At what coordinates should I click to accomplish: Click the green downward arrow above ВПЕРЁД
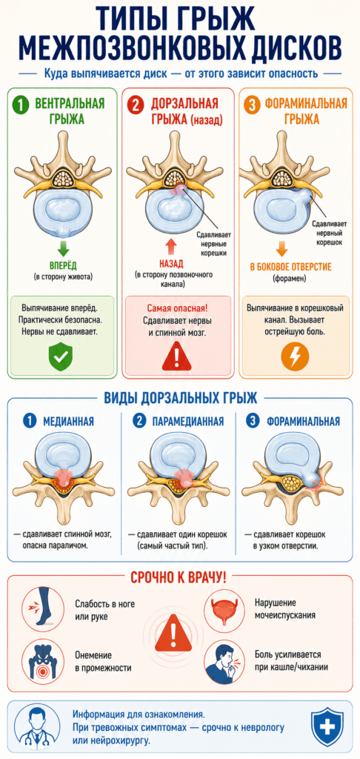pyautogui.click(x=63, y=248)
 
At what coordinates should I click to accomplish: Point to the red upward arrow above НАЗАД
pyautogui.click(x=171, y=248)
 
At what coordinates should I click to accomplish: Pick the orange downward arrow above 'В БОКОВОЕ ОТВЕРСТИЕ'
pyautogui.click(x=282, y=248)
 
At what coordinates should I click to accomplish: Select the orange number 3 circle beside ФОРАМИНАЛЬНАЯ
pyautogui.click(x=252, y=105)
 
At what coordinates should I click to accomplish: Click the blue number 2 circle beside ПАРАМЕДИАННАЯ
pyautogui.click(x=139, y=421)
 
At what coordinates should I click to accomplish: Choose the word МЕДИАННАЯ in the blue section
pyautogui.click(x=69, y=421)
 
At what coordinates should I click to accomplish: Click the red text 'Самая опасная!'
pyautogui.click(x=177, y=308)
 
